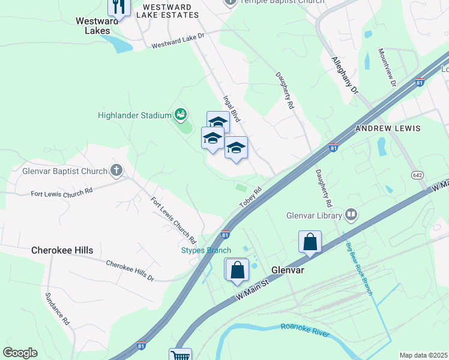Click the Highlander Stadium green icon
click(x=179, y=113)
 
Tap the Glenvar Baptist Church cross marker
click(x=116, y=171)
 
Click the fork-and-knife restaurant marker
click(x=119, y=7)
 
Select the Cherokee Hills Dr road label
click(x=130, y=271)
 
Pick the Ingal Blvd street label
click(x=232, y=109)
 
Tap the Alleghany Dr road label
click(x=345, y=76)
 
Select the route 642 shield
click(x=418, y=175)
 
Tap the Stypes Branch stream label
click(x=206, y=250)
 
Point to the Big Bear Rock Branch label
click(x=359, y=268)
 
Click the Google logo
click(x=20, y=353)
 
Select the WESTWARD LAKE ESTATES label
click(x=167, y=11)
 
